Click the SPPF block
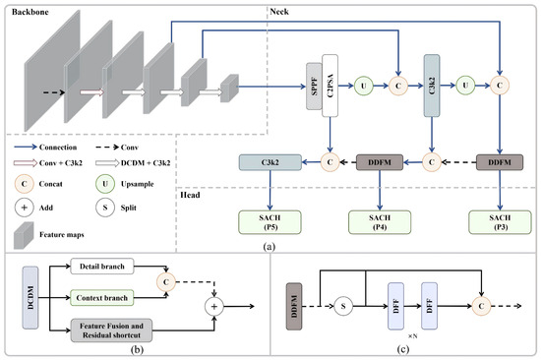coord(314,87)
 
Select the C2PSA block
coord(330,86)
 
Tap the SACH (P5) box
coord(270,222)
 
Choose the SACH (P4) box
coord(380,222)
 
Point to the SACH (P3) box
coord(500,222)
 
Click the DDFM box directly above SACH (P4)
coord(380,162)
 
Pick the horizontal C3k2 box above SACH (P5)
coord(270,162)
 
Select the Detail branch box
coord(102,267)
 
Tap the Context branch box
coord(102,297)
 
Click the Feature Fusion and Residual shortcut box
coord(111,330)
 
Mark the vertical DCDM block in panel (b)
coord(30,297)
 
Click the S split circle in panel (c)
coord(343,306)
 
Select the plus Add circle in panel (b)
coord(214,306)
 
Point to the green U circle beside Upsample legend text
coord(105,184)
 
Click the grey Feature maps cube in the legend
coord(24,235)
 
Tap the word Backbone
coord(30,12)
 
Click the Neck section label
coord(279,12)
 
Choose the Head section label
coord(190,195)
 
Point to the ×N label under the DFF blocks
coord(413,335)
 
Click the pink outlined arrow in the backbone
coord(92,92)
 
